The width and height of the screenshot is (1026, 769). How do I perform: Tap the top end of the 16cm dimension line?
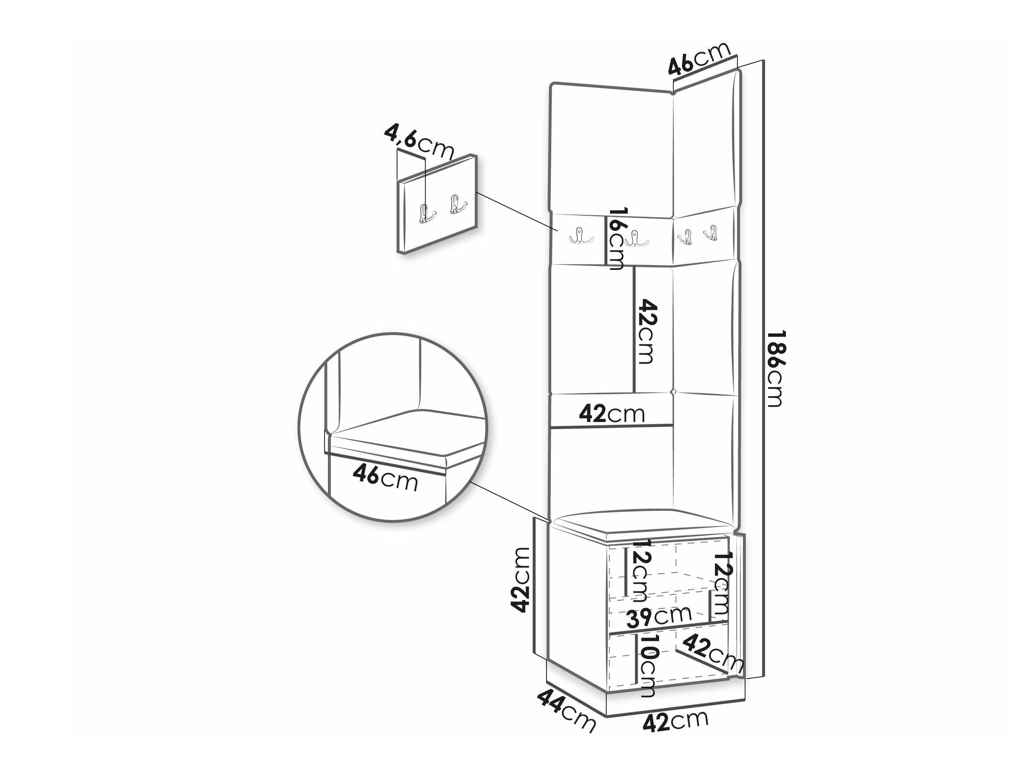pyautogui.click(x=606, y=216)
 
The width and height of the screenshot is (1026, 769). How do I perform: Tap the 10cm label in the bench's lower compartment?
pyautogui.click(x=647, y=672)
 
